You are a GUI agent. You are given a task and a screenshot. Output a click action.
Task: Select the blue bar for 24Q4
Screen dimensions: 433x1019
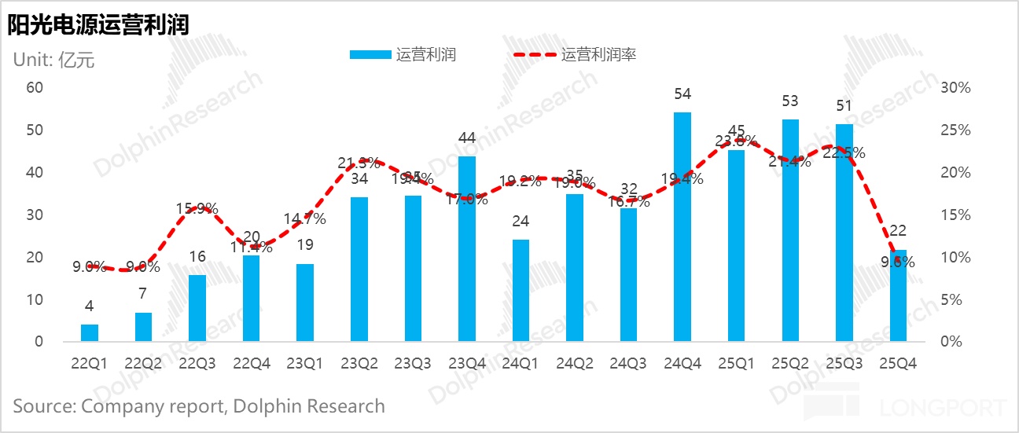[x=682, y=227]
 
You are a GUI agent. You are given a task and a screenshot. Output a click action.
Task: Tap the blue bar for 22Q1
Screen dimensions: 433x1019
[x=90, y=333]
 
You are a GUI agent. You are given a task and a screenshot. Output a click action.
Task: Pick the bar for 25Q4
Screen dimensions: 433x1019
[x=897, y=296]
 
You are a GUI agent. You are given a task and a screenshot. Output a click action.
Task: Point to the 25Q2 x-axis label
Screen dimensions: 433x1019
[x=790, y=364]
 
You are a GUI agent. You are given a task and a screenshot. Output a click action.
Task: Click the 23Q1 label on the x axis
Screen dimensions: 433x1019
[x=305, y=364]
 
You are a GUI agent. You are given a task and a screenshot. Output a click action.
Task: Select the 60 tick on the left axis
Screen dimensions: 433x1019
[x=35, y=87]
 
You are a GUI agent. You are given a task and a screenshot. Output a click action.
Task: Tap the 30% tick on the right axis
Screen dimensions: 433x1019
[x=956, y=87]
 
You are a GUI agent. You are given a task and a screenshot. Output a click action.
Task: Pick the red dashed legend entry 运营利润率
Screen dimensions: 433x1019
[x=575, y=55]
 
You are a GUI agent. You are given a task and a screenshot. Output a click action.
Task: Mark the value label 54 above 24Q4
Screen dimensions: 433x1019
[x=682, y=94]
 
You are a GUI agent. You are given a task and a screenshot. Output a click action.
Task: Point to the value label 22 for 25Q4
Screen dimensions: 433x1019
[x=897, y=231]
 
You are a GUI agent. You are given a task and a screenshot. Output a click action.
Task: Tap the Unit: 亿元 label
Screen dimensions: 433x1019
[x=53, y=60]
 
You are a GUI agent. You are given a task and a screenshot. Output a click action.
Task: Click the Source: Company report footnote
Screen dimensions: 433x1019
[x=199, y=406]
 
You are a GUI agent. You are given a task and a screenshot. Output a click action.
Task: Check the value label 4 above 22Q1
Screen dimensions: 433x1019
[x=90, y=306]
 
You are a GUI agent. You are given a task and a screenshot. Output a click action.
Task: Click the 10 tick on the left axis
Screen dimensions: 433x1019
[x=35, y=299]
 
